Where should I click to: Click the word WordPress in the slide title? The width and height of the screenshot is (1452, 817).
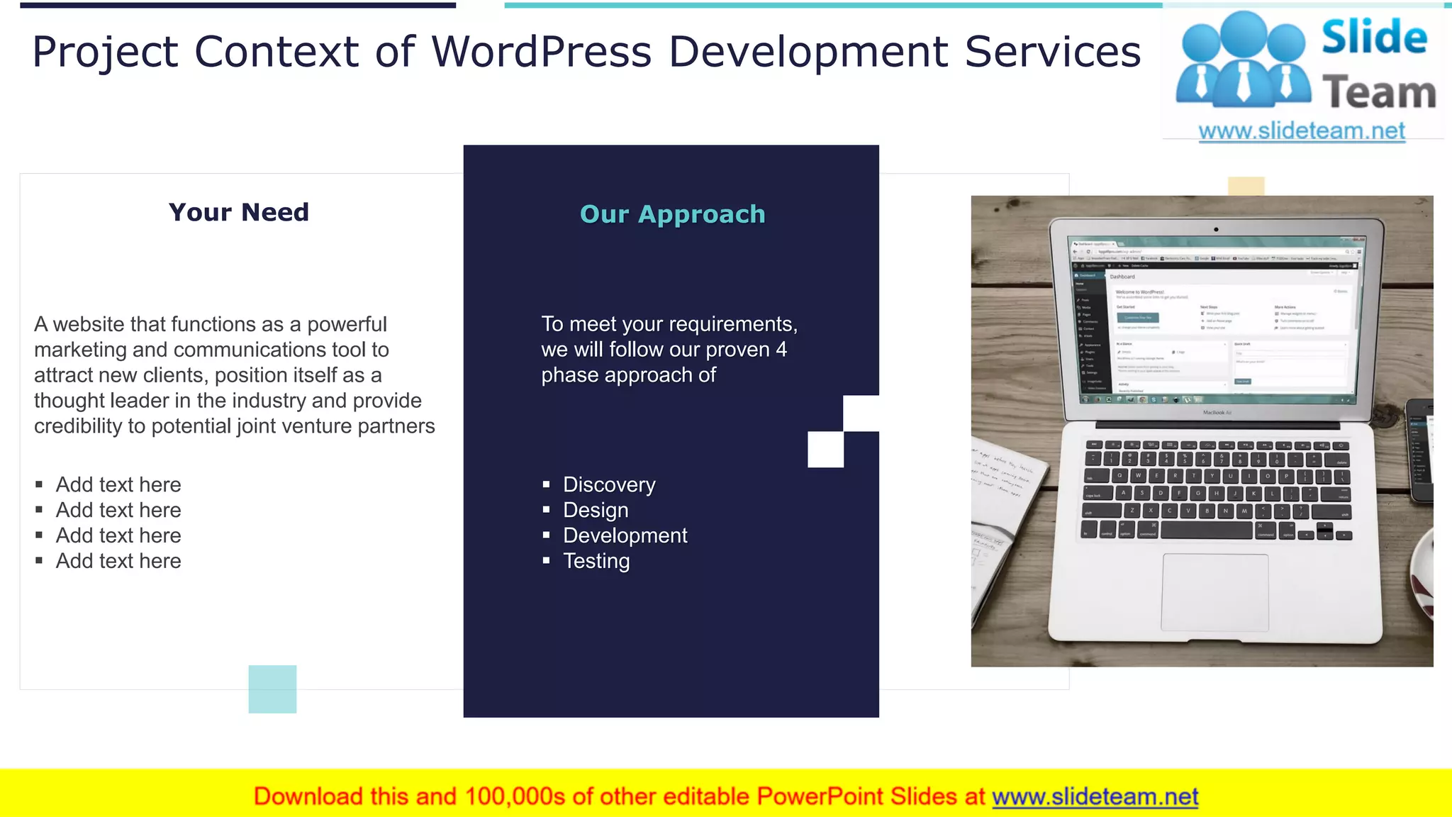[x=542, y=52]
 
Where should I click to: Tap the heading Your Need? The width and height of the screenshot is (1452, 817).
[x=239, y=212]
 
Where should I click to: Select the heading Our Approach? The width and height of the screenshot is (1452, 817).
[x=672, y=214]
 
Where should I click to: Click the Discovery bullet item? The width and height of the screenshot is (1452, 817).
[x=609, y=485]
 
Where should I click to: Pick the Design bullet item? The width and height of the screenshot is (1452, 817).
[x=596, y=511]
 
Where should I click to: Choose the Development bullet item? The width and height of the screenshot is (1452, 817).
[x=625, y=536]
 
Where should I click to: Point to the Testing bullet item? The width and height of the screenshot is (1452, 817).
[x=596, y=562]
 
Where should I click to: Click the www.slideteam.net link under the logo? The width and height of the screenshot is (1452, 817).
[x=1301, y=131]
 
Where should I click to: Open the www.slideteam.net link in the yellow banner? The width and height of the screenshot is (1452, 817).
[x=1095, y=797]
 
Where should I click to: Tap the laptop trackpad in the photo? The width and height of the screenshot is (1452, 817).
[x=1214, y=592]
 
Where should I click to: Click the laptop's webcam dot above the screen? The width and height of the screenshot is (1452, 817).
[x=1216, y=230]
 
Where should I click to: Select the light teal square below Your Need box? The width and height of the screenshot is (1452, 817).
[x=272, y=689]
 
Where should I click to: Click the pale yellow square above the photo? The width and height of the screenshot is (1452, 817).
[x=1246, y=186]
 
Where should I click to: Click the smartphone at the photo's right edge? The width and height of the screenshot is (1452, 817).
[x=1421, y=450]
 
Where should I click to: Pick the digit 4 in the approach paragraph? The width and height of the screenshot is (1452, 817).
[x=781, y=350]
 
